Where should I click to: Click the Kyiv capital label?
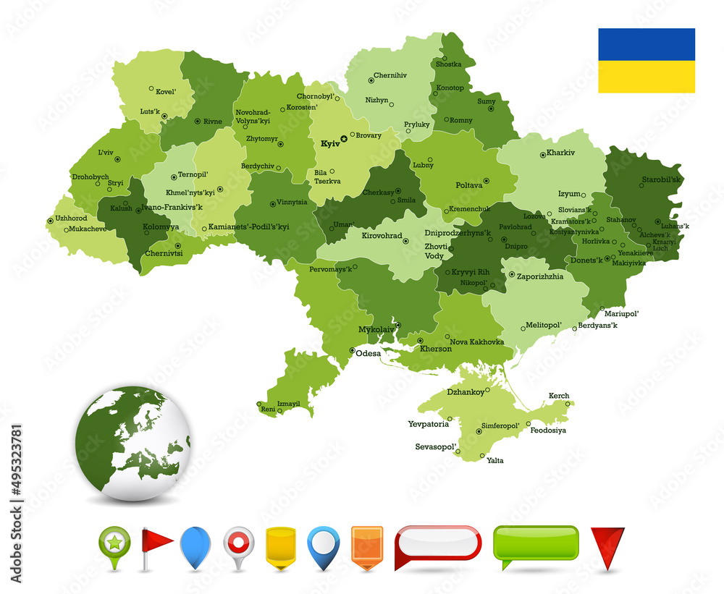click(x=329, y=144)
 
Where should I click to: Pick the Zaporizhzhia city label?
click(x=539, y=276)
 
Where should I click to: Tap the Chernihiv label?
click(x=390, y=75)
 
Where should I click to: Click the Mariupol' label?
click(x=623, y=313)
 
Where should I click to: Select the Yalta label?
click(x=495, y=460)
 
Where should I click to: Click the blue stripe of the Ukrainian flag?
click(x=646, y=44)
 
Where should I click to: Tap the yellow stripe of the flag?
click(x=646, y=77)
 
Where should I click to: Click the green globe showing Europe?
click(x=132, y=443)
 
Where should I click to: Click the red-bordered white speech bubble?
click(x=437, y=543)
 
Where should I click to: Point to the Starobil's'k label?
click(x=661, y=179)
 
